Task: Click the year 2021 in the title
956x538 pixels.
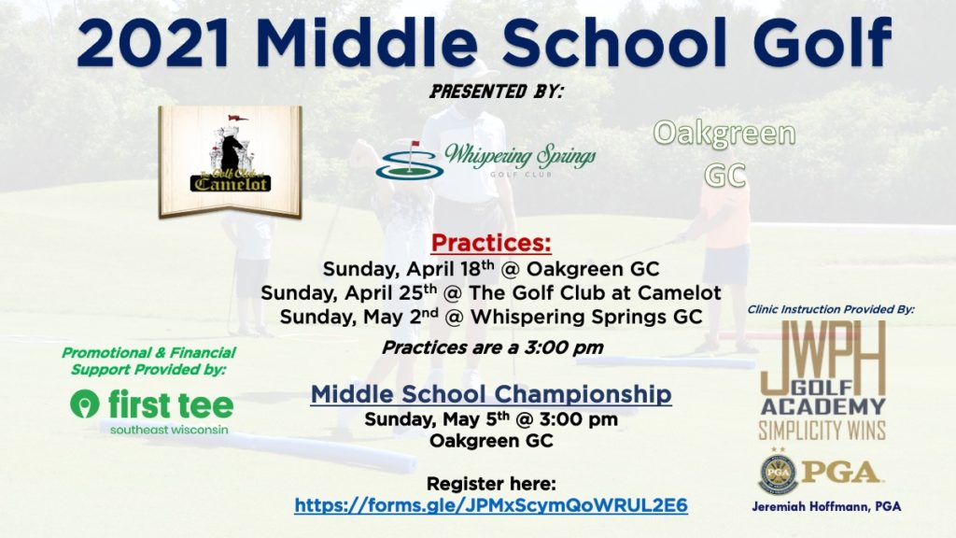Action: click(x=153, y=44)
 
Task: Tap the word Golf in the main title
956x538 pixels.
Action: click(x=822, y=43)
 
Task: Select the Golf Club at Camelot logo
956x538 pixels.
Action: click(x=231, y=162)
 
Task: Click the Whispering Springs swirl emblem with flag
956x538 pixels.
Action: click(x=409, y=160)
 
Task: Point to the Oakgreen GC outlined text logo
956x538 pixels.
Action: click(x=724, y=154)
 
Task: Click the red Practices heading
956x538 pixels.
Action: click(x=491, y=243)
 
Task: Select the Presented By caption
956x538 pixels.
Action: click(x=497, y=92)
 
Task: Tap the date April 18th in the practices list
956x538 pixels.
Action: click(x=450, y=268)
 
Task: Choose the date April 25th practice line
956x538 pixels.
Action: click(x=491, y=292)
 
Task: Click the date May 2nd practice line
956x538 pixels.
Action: click(x=491, y=317)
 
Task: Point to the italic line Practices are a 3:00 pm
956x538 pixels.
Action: click(x=493, y=347)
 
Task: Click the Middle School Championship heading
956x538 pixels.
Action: click(x=491, y=394)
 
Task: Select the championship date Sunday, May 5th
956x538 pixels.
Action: click(x=437, y=419)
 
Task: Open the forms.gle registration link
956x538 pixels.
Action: click(x=491, y=505)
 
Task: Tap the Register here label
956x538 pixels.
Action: click(x=491, y=484)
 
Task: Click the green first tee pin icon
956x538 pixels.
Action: click(x=85, y=403)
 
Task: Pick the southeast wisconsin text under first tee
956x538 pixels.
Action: click(x=169, y=430)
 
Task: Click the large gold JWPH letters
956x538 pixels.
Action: click(x=823, y=351)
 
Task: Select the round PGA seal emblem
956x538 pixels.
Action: click(x=778, y=474)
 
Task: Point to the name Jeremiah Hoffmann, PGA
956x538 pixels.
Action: click(x=826, y=506)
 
